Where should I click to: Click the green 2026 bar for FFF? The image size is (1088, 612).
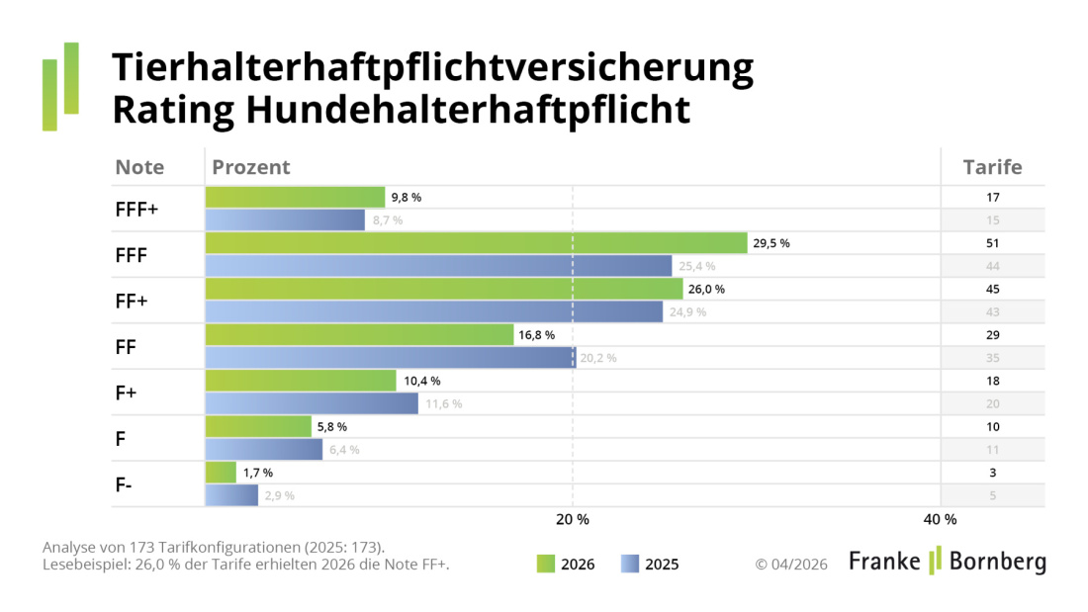point(476,243)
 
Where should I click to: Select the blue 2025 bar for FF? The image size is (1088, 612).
point(391,358)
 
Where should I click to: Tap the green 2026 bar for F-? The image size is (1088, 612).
point(221,473)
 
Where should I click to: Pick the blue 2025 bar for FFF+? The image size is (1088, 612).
point(285,219)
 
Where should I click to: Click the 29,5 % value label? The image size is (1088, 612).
point(771,243)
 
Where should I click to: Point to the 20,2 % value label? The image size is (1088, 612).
point(598,358)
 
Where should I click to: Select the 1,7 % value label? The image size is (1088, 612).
point(258,473)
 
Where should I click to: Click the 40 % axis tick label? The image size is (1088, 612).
point(940,520)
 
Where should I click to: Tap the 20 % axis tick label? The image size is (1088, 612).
point(572,520)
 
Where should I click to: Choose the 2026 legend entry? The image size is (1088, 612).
point(566,565)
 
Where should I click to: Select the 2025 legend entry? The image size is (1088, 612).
point(650,565)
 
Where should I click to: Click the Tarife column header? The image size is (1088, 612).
point(992,167)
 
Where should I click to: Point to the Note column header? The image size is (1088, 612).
point(139,167)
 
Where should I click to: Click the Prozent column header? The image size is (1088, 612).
point(251,167)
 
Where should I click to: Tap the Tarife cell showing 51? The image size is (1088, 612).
point(992,243)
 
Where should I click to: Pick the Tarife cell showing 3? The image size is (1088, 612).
point(992,473)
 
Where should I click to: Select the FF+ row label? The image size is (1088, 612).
point(132,301)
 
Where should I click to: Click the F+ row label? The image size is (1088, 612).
point(127,393)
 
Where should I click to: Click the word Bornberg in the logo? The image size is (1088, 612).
point(997,562)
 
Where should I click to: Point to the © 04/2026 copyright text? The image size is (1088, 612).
point(791,565)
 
